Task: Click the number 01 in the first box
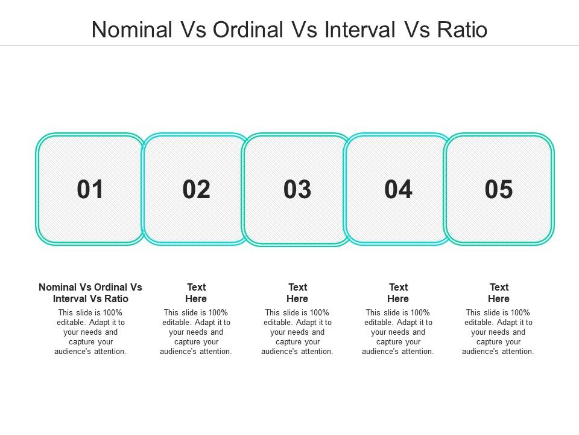pyautogui.click(x=90, y=189)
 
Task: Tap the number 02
pyautogui.click(x=196, y=189)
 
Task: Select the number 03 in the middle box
pyautogui.click(x=297, y=189)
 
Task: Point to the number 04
pyautogui.click(x=398, y=189)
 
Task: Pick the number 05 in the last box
pyautogui.click(x=499, y=189)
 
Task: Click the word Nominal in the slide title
pyautogui.click(x=132, y=30)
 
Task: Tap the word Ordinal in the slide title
pyautogui.click(x=248, y=30)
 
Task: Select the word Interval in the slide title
pyautogui.click(x=360, y=30)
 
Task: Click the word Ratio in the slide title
pyautogui.click(x=463, y=30)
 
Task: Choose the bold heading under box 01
pyautogui.click(x=90, y=293)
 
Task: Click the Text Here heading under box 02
pyautogui.click(x=196, y=293)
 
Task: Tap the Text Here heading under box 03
pyautogui.click(x=297, y=293)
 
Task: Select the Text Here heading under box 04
pyautogui.click(x=398, y=293)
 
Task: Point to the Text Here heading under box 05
pyautogui.click(x=499, y=293)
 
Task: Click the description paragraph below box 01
pyautogui.click(x=90, y=332)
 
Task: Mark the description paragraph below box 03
pyautogui.click(x=297, y=332)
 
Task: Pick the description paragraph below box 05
pyautogui.click(x=498, y=332)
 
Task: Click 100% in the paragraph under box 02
pyautogui.click(x=218, y=312)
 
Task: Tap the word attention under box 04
pyautogui.click(x=417, y=352)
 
